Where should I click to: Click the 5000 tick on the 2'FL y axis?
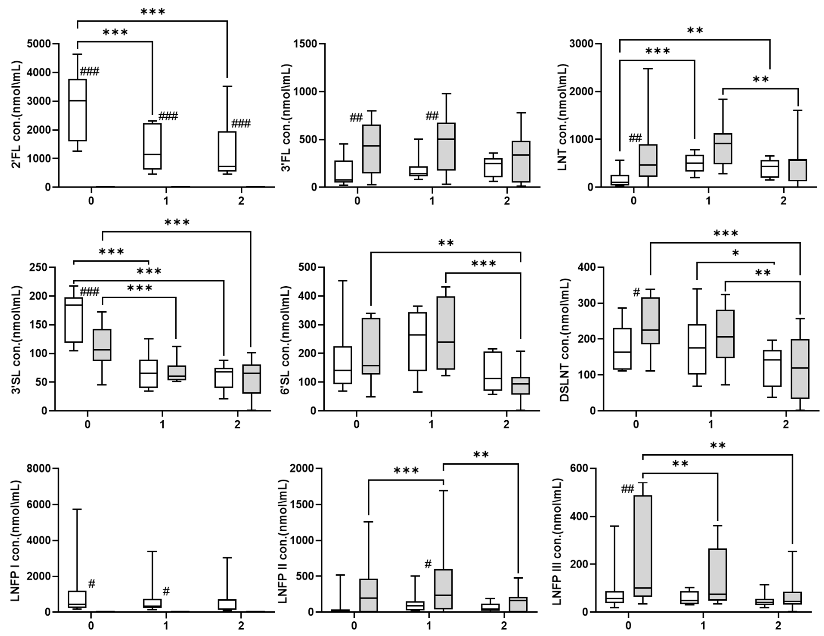39,44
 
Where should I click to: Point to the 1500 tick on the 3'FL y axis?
306,44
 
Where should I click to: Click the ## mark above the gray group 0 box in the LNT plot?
635,138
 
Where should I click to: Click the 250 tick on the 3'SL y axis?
39,267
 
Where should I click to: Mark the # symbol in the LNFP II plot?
428,564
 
